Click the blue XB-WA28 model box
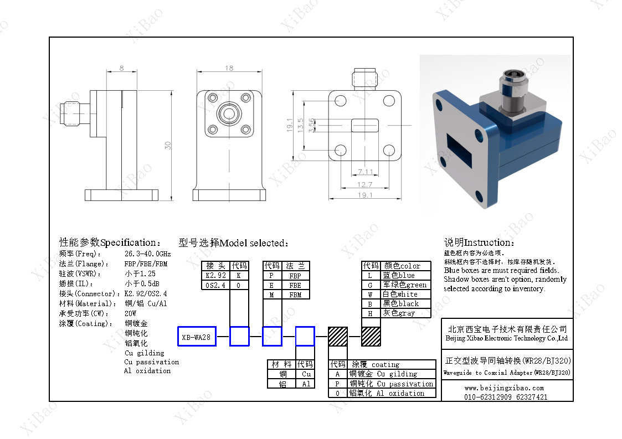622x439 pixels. tap(197, 337)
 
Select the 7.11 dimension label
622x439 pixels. tap(365, 172)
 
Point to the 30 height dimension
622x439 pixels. tap(168, 145)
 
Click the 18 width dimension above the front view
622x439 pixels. tap(229, 68)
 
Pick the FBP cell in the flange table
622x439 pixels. tap(295, 276)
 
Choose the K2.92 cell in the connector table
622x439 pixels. tap(215, 276)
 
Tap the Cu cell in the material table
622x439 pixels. tap(306, 374)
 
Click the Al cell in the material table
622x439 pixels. tap(306, 384)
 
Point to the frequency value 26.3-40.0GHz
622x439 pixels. tap(147, 254)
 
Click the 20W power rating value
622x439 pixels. tap(131, 313)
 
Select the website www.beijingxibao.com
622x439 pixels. tap(504, 388)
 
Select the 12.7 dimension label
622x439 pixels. tap(365, 184)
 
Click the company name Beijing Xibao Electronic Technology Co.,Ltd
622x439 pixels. tap(506, 338)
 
